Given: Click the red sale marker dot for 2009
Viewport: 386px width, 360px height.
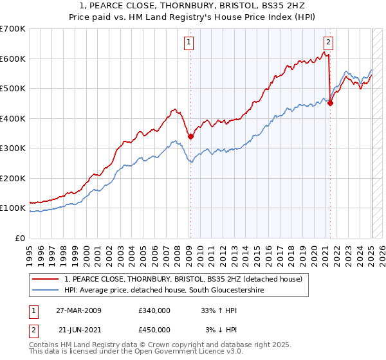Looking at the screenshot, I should tap(190, 136).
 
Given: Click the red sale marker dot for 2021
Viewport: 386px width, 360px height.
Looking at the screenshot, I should tap(330, 103).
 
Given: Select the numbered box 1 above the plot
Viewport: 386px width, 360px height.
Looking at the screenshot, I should tap(189, 43).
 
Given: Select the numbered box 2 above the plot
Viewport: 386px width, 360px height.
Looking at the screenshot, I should tap(328, 43).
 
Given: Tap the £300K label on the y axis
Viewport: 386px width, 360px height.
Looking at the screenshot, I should tap(12, 148).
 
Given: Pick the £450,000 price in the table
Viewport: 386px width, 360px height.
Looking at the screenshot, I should tap(154, 329).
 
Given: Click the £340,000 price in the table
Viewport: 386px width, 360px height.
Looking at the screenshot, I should tap(154, 310).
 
